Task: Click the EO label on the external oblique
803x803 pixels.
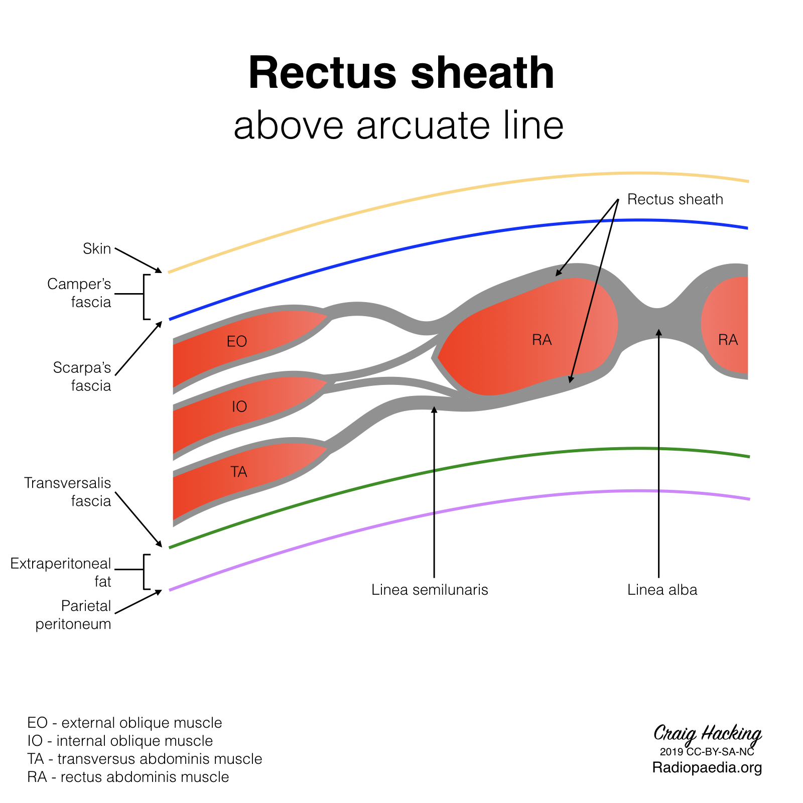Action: tap(237, 342)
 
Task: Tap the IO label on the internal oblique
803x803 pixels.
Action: tap(239, 407)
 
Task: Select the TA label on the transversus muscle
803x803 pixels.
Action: tap(239, 472)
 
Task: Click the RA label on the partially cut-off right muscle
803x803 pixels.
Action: tap(728, 340)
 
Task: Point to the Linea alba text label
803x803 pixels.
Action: tap(662, 590)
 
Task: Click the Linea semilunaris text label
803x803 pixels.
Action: tap(430, 590)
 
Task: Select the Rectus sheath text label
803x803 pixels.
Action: tap(675, 199)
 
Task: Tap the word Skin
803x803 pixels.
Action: tap(97, 248)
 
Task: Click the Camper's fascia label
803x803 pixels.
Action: tap(79, 293)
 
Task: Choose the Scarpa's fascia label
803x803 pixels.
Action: tap(82, 376)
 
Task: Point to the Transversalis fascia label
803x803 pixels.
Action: tap(68, 492)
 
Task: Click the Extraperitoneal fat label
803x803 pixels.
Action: tap(61, 573)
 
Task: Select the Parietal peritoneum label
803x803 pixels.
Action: tap(73, 615)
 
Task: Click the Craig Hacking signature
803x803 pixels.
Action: tap(707, 734)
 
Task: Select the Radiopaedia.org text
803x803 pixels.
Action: tap(707, 767)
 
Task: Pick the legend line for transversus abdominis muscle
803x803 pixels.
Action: tap(145, 759)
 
